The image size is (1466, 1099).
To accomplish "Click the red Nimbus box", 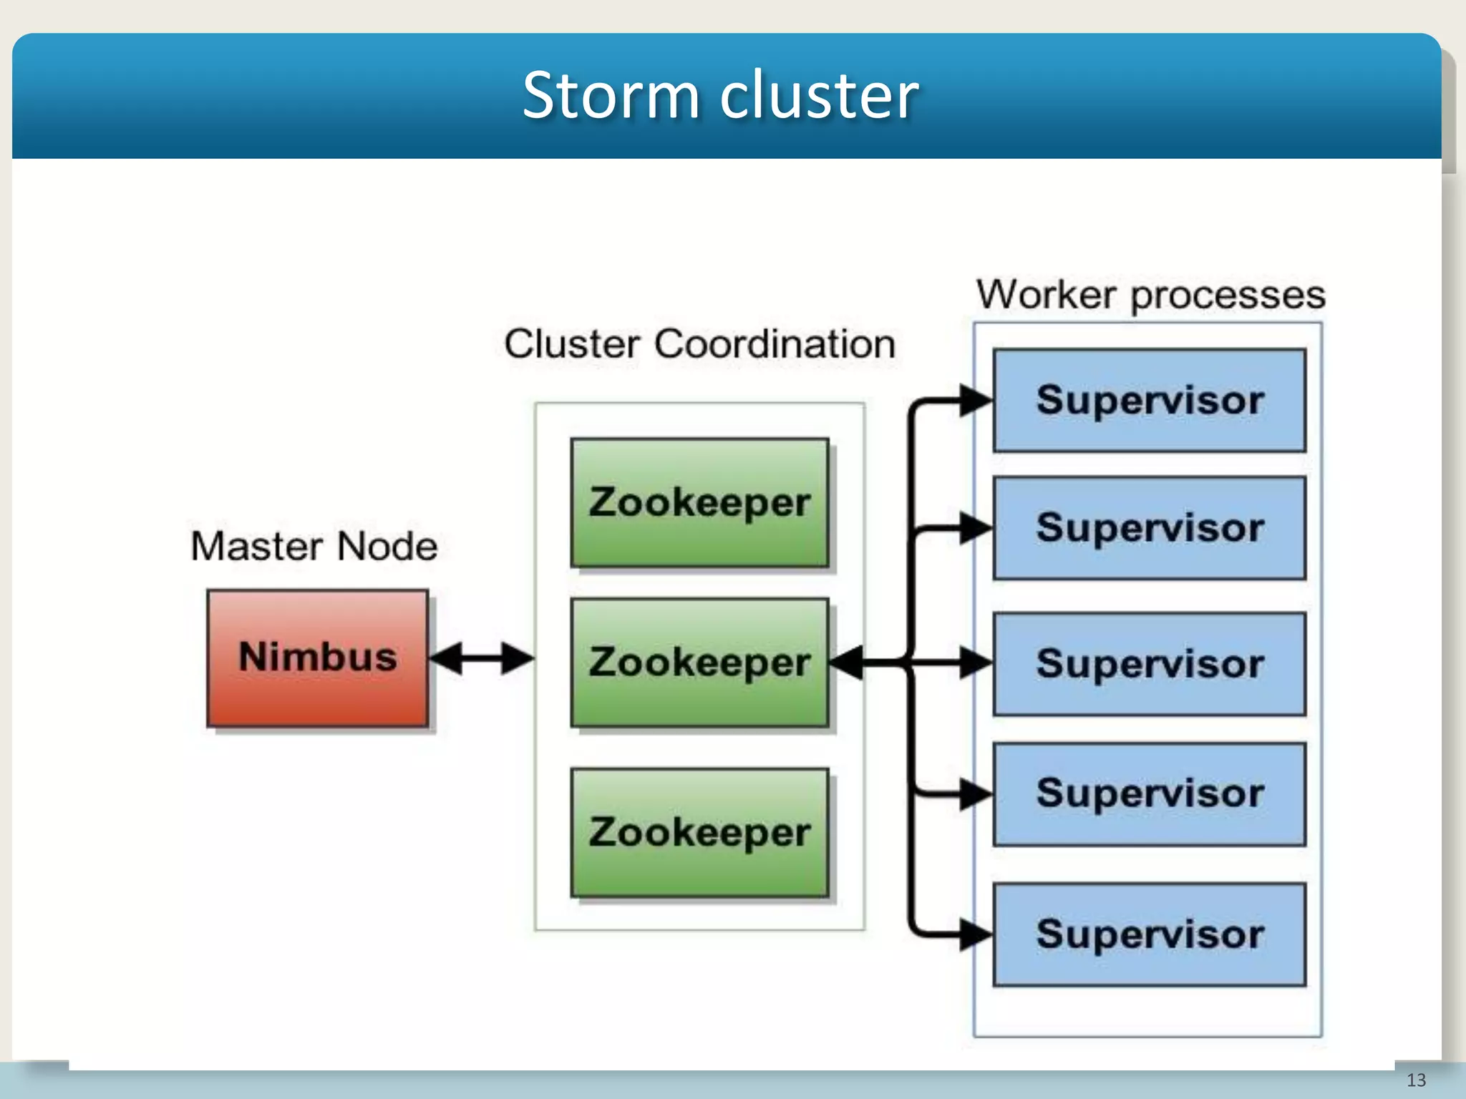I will (318, 658).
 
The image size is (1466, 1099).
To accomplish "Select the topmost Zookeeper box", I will (699, 502).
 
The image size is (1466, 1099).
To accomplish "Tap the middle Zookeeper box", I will (699, 663).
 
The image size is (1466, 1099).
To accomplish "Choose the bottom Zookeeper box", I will (699, 833).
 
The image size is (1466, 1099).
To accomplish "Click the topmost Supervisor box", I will (1149, 401).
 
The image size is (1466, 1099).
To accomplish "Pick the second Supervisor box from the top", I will (1149, 528).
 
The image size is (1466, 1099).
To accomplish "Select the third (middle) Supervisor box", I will (1149, 664).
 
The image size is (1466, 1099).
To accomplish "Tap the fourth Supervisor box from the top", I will (1149, 794).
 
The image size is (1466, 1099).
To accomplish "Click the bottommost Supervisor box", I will (1149, 934).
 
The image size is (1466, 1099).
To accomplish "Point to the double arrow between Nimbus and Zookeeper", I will (482, 658).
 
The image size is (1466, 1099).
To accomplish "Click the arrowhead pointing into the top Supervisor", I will (975, 401).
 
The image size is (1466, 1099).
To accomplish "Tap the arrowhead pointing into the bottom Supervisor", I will (975, 934).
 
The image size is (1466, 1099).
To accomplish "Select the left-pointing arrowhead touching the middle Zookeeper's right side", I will (847, 663).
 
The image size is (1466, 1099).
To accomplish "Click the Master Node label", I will (314, 547).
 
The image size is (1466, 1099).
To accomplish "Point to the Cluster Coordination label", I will (699, 344).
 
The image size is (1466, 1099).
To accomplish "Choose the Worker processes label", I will (1151, 295).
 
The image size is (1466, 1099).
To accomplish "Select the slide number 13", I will (1416, 1080).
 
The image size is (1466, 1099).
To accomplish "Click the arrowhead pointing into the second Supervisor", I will (975, 528).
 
